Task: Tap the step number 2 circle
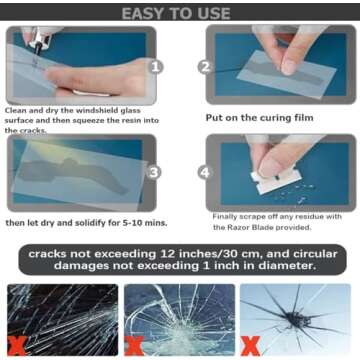[206, 67]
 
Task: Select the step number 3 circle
[155, 171]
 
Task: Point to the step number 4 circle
[206, 171]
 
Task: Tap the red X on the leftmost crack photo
[17, 345]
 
